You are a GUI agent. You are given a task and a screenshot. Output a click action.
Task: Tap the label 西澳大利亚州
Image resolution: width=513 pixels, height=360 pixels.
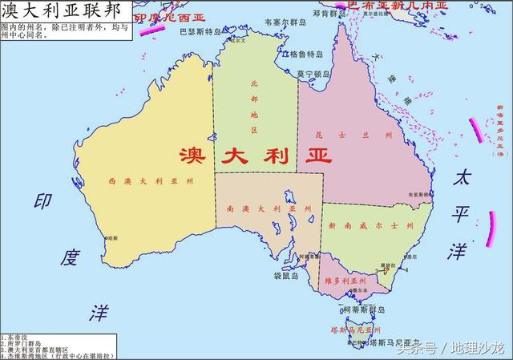(x=151, y=182)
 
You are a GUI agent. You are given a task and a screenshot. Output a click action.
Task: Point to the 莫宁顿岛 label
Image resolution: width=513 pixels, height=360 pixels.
(x=313, y=75)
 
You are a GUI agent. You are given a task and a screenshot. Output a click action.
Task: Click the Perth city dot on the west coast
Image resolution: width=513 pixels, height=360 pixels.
(x=107, y=238)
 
